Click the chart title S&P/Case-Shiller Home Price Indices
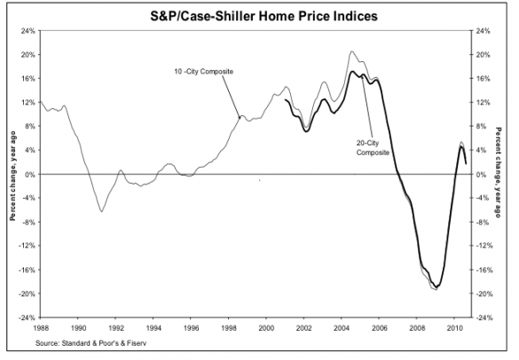point(260,15)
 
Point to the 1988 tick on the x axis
point(41,325)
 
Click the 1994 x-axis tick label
point(153,325)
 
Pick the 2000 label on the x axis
point(266,325)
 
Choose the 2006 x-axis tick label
point(379,325)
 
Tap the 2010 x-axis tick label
point(453,325)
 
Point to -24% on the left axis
point(26,317)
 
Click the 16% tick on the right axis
point(484,79)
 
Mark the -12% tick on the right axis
point(484,247)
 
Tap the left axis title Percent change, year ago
point(12,174)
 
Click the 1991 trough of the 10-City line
point(102,211)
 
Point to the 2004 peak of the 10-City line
point(352,52)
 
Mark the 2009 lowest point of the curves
point(436,289)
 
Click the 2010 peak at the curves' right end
point(461,143)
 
